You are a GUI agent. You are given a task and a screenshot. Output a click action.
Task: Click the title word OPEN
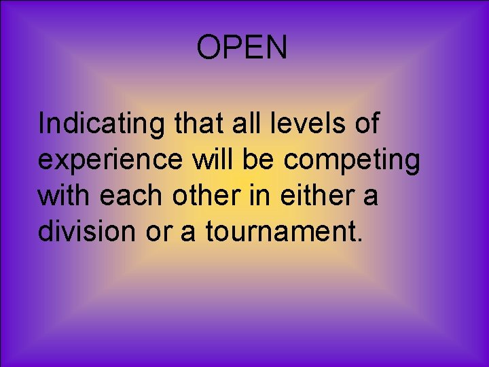click(242, 48)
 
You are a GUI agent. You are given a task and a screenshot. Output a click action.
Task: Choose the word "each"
click(129, 196)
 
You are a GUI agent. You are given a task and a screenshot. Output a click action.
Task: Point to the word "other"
click(198, 196)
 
